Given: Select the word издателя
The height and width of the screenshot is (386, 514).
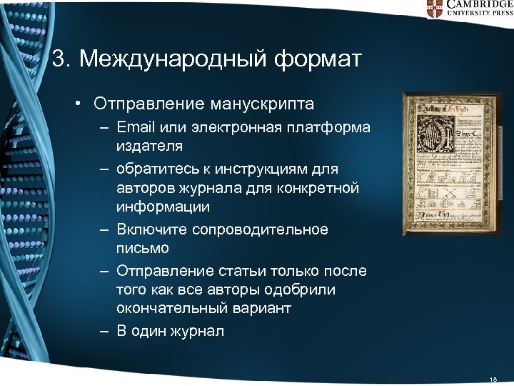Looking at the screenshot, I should tap(149, 146).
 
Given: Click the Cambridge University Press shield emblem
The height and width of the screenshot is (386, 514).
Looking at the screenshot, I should tap(435, 8).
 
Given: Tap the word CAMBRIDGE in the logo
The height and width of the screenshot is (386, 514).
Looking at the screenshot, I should tap(480, 4).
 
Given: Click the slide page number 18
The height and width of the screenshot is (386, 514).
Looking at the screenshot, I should tap(493, 378).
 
